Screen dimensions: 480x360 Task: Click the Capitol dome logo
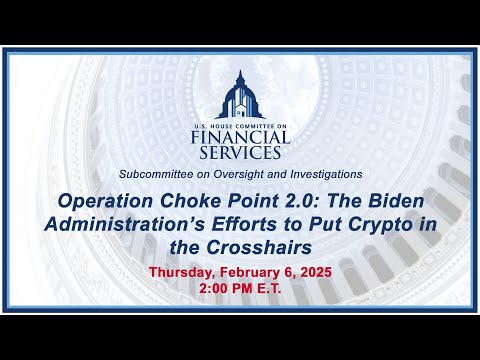(240, 95)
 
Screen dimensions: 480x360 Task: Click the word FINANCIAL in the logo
(240, 137)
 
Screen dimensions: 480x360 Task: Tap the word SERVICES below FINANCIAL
(240, 152)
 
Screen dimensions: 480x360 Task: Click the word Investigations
(326, 174)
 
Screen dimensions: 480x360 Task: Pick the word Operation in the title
(106, 201)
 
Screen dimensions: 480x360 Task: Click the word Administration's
(125, 224)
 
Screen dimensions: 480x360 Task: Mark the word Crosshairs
(259, 247)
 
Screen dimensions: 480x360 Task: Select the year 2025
(316, 272)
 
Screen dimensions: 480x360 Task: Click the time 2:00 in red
(213, 288)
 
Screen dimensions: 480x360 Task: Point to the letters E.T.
(269, 288)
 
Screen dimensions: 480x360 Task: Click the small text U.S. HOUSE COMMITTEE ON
(240, 127)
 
